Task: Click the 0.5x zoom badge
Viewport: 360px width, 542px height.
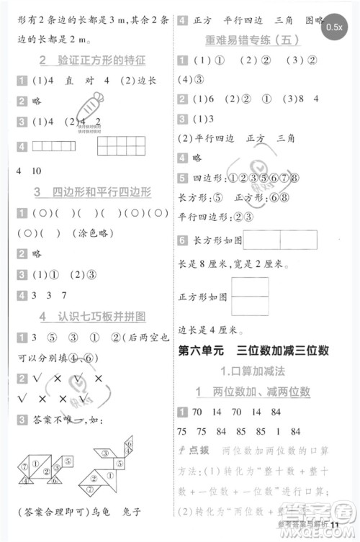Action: click(334, 27)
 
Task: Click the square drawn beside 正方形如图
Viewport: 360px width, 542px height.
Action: click(250, 297)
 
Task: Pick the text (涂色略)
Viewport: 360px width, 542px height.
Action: click(73, 232)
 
